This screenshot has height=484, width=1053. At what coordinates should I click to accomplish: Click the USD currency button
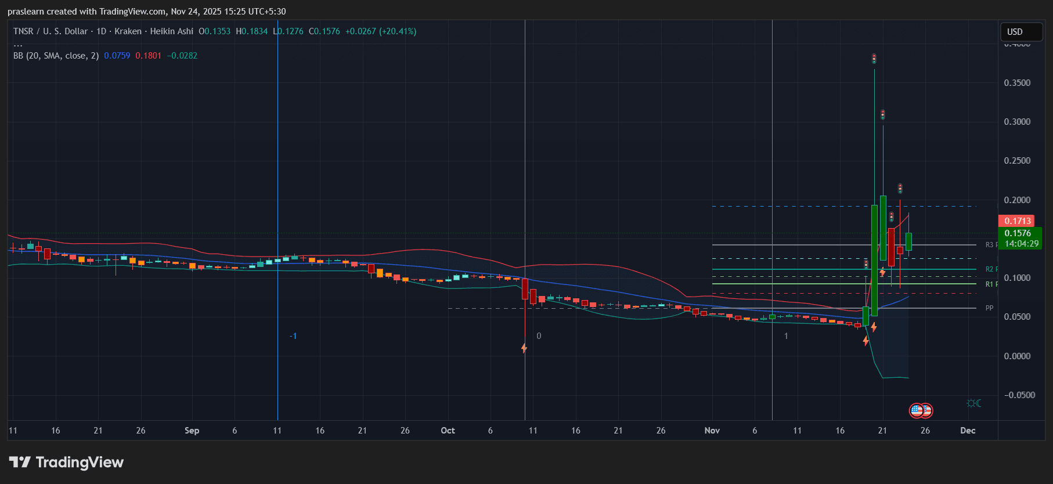tap(1021, 32)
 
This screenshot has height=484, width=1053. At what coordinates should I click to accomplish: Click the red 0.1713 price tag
tap(1018, 221)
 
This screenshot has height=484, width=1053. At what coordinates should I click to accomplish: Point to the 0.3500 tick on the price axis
tap(1017, 83)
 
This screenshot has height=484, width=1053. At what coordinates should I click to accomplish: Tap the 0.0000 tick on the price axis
tap(1017, 356)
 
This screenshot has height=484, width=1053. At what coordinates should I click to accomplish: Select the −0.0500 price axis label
tap(1019, 395)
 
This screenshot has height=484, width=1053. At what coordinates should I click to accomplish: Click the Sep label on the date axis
tap(192, 431)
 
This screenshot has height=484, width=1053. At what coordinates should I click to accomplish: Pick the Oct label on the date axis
tap(448, 431)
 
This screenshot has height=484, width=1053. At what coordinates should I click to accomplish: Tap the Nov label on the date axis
tap(712, 431)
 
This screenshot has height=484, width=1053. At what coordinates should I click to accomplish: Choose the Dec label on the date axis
tap(968, 431)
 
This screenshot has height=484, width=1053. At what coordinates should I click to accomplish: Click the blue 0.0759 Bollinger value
tap(117, 56)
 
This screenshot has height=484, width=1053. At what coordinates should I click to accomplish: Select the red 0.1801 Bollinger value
tap(148, 56)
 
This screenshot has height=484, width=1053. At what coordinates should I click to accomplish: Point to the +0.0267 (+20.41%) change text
tap(381, 31)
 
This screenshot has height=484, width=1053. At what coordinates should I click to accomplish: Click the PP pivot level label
tap(989, 308)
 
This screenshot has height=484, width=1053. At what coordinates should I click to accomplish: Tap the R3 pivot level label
tap(989, 245)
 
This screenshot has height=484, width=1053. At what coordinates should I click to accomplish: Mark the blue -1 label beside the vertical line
tap(293, 336)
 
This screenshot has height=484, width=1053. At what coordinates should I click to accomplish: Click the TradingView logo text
tap(79, 463)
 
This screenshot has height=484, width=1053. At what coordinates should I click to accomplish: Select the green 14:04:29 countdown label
tap(1022, 244)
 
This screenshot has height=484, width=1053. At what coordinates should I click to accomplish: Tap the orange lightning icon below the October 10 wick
tap(524, 348)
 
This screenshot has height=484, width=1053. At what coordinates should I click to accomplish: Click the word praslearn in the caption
tap(27, 12)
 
